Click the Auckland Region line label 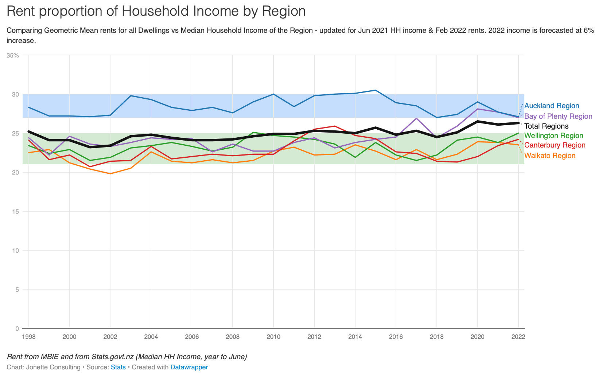pyautogui.click(x=551, y=106)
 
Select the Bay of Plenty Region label pyautogui.click(x=558, y=116)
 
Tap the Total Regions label pyautogui.click(x=546, y=126)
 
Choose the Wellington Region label pyautogui.click(x=553, y=136)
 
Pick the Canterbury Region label pyautogui.click(x=555, y=145)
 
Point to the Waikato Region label pyautogui.click(x=549, y=156)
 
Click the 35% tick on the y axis pyautogui.click(x=13, y=55)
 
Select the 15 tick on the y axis pyautogui.click(x=15, y=211)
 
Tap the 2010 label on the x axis pyautogui.click(x=273, y=337)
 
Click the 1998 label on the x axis pyautogui.click(x=29, y=337)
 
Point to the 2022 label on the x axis pyautogui.click(x=518, y=337)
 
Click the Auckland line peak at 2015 pyautogui.click(x=376, y=90)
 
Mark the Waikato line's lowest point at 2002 pyautogui.click(x=110, y=174)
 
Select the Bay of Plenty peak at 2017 pyautogui.click(x=416, y=118)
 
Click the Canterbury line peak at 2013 pyautogui.click(x=334, y=126)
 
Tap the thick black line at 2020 pyautogui.click(x=477, y=121)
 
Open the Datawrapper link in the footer pyautogui.click(x=189, y=367)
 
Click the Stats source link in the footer pyautogui.click(x=118, y=367)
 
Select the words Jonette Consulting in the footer pyautogui.click(x=53, y=367)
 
